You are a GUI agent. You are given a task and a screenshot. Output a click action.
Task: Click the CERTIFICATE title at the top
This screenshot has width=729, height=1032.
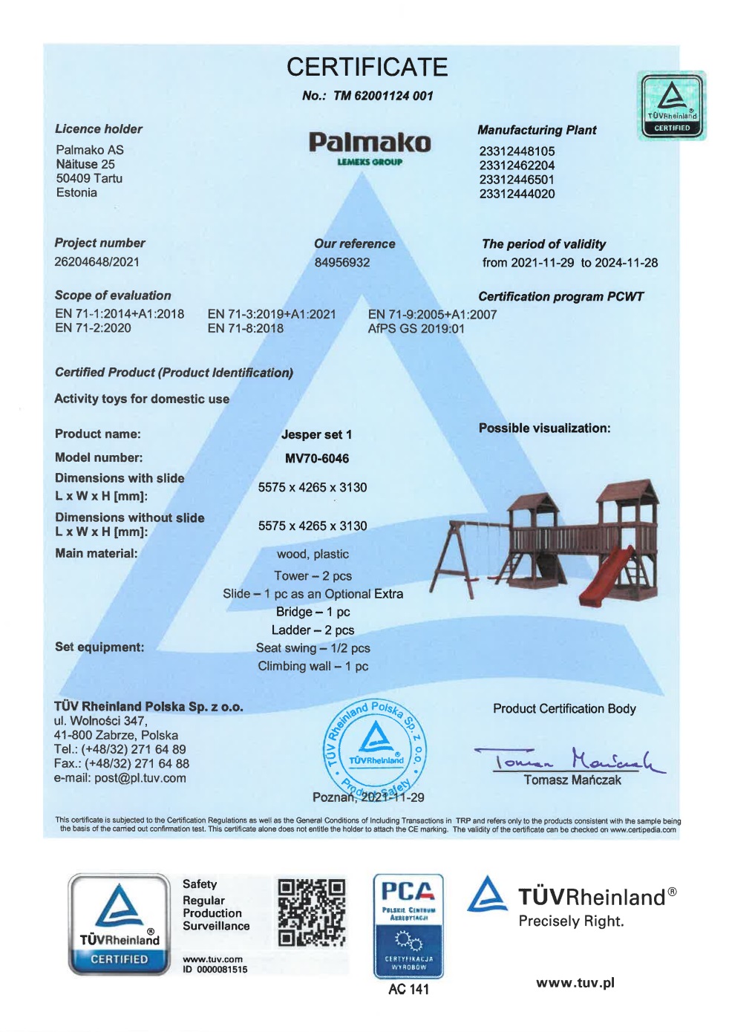tap(367, 67)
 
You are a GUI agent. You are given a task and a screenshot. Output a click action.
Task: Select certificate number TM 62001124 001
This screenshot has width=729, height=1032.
tap(367, 96)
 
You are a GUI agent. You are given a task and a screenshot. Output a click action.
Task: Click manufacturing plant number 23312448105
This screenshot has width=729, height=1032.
tap(517, 151)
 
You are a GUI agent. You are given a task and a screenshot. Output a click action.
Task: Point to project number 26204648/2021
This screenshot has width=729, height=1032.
tap(97, 261)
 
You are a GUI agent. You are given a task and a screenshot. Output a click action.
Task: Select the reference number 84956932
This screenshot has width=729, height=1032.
tap(341, 262)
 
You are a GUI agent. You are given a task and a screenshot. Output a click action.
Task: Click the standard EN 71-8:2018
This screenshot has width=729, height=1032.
tap(245, 328)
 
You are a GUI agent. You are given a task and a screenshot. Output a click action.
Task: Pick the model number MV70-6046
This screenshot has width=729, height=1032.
tap(317, 458)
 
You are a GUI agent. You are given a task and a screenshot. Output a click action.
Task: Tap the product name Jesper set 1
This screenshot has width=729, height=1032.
tap(316, 434)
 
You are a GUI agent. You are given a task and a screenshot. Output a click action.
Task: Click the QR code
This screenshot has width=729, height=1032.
tap(312, 913)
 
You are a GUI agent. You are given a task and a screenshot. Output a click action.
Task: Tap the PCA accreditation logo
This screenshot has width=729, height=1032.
tap(408, 925)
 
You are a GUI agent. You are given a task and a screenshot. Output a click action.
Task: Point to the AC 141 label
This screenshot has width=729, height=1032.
tap(408, 989)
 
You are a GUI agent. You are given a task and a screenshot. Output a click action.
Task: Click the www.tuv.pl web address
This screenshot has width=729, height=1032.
tap(575, 983)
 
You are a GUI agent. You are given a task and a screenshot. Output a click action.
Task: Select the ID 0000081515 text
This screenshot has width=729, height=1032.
tap(215, 970)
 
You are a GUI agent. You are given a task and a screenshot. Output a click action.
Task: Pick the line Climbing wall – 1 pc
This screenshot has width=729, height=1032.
tap(313, 666)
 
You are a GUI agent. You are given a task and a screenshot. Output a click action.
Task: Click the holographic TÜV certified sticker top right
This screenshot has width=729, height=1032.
tap(672, 105)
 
